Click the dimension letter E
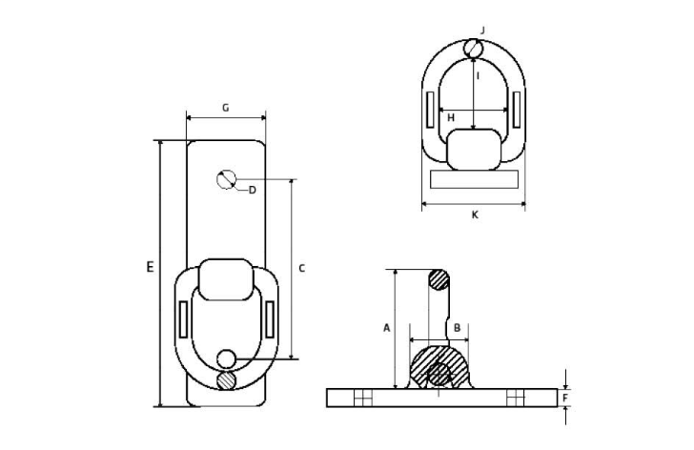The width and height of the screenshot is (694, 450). pyautogui.click(x=151, y=267)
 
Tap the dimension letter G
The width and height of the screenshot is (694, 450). pyautogui.click(x=226, y=108)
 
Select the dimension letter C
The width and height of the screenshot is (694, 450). pyautogui.click(x=302, y=268)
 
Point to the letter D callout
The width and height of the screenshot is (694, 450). pyautogui.click(x=253, y=191)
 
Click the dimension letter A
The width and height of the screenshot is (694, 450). pyautogui.click(x=387, y=328)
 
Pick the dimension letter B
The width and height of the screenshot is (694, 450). pyautogui.click(x=458, y=328)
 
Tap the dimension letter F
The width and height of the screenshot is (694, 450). pyautogui.click(x=565, y=398)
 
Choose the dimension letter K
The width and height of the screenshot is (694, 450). pyautogui.click(x=475, y=215)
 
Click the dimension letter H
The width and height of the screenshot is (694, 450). pyautogui.click(x=451, y=117)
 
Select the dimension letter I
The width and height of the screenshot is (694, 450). pyautogui.click(x=478, y=76)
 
